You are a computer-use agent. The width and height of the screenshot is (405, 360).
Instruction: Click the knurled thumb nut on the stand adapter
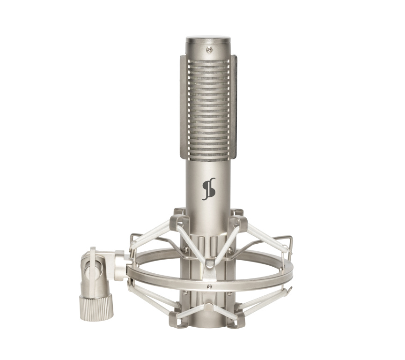point(96,307)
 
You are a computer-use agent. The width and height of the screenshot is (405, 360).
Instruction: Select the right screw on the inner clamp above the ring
point(230,250)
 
